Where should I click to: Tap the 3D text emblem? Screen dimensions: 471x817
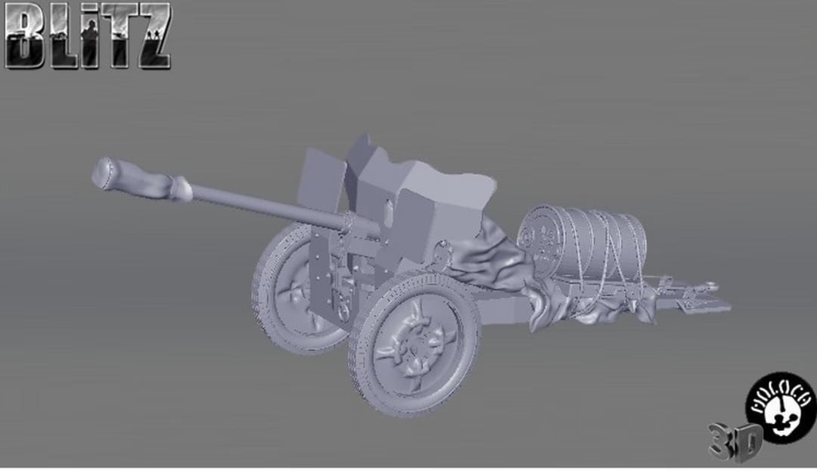tap(732, 440)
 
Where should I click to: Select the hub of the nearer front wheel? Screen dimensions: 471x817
tap(413, 345)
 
